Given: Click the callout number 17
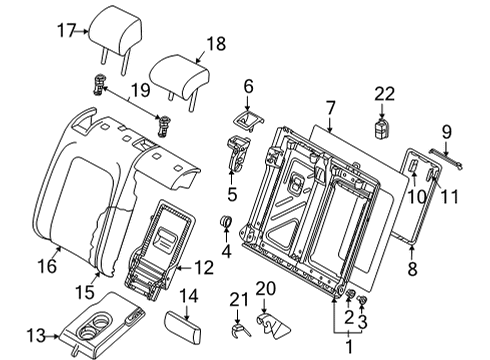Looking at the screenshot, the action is click(67, 31).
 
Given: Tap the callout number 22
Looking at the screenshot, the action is click(385, 94).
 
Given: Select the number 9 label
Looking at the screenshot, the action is click(447, 132).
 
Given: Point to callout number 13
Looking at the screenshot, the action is click(36, 335).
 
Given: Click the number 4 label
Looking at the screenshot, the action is click(226, 251).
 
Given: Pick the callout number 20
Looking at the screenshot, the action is click(266, 288).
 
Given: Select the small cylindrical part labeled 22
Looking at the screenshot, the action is click(382, 129).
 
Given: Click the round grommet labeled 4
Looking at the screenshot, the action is click(226, 221).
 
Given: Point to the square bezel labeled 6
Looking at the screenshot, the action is click(247, 120).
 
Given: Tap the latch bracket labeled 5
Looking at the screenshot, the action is click(238, 152).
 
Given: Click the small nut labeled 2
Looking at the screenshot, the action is click(349, 293).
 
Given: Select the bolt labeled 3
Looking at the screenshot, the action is click(361, 300).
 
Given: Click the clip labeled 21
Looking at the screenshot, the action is click(239, 330).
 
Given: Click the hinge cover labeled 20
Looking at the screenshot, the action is click(273, 325).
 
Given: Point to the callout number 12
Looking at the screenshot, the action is click(204, 267).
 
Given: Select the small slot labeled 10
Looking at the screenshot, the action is click(413, 166).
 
